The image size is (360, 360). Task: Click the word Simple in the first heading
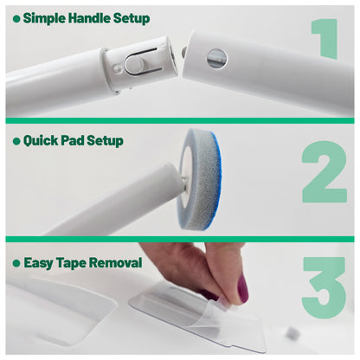click(x=45, y=18)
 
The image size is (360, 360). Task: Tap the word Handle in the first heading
click(x=89, y=18)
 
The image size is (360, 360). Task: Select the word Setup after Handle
click(x=132, y=18)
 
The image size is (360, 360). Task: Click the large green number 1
click(x=326, y=39)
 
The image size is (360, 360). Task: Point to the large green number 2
click(x=325, y=172)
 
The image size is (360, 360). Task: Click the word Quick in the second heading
click(x=42, y=141)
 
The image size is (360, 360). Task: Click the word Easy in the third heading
click(x=39, y=263)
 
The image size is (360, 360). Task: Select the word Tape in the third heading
click(x=72, y=263)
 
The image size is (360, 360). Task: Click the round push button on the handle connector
click(x=133, y=64)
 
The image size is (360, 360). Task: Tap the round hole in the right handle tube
click(x=216, y=58)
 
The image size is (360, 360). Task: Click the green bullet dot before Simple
click(x=16, y=19)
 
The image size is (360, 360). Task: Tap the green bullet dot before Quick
click(x=16, y=141)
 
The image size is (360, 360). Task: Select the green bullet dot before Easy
click(x=16, y=263)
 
